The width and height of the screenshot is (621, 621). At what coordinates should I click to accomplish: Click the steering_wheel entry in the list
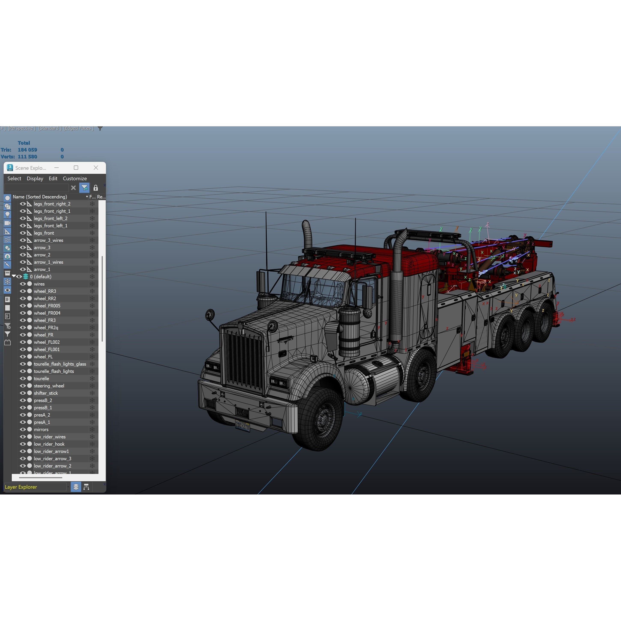[49, 386]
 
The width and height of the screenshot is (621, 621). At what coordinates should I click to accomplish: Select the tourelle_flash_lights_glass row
[60, 364]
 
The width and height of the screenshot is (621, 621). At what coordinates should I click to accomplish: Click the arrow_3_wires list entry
[49, 240]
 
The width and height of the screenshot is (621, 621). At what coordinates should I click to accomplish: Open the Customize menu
[74, 178]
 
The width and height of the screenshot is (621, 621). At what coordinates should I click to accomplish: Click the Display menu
[35, 178]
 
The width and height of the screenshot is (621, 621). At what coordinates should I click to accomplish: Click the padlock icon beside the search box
[95, 188]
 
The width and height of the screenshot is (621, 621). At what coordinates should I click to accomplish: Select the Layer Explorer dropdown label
[21, 487]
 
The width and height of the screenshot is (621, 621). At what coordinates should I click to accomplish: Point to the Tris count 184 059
[27, 150]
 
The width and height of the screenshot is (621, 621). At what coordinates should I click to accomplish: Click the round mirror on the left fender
[210, 314]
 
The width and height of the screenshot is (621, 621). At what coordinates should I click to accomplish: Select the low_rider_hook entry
[49, 444]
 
